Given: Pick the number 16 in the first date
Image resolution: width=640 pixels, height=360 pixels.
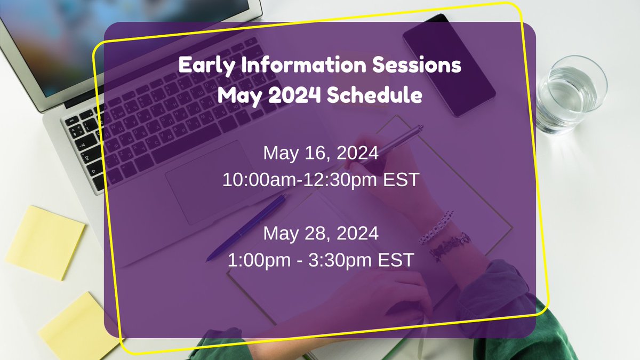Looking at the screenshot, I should [318, 154].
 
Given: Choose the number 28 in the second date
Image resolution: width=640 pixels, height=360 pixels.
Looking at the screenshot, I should [318, 234].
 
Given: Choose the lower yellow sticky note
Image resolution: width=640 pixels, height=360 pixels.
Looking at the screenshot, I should [80, 325].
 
